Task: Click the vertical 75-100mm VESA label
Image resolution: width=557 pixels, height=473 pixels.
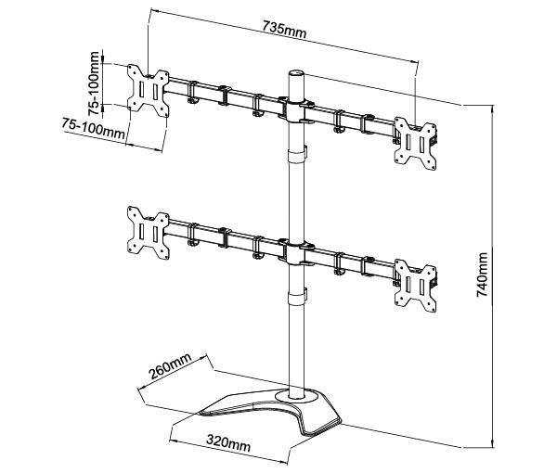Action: coord(95,83)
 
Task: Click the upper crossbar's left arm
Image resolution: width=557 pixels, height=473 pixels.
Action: coord(223,94)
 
